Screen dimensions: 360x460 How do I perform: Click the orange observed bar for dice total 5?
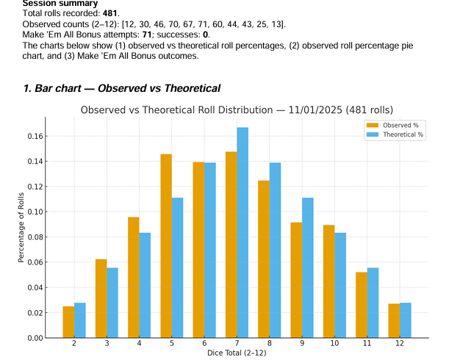[x=166, y=246]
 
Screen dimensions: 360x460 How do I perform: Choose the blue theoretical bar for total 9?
[x=307, y=267]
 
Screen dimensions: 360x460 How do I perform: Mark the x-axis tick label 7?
[x=237, y=344]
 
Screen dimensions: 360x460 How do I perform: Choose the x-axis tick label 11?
[x=367, y=344]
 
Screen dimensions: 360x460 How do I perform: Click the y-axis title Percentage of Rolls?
[x=21, y=227]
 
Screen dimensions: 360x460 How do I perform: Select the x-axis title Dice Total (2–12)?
[x=237, y=353]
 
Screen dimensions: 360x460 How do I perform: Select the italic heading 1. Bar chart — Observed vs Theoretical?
[x=122, y=88]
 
